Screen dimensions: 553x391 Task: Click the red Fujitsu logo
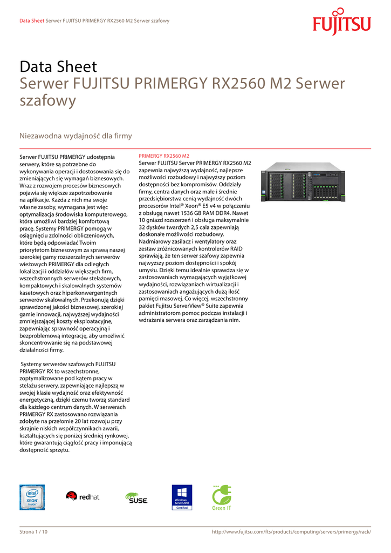click(x=342, y=22)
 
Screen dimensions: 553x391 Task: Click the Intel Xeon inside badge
click(x=32, y=497)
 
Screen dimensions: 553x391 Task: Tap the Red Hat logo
click(x=83, y=496)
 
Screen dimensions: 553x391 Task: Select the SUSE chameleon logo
click(x=135, y=497)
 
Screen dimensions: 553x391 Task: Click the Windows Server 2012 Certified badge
click(x=182, y=497)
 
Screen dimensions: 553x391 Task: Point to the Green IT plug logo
click(x=222, y=497)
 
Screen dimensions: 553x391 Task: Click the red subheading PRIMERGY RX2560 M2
click(x=164, y=156)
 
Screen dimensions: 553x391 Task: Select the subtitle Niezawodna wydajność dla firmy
click(x=76, y=136)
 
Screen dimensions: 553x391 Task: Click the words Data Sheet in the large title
click(x=58, y=67)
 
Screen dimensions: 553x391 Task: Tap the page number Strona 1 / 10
click(x=33, y=532)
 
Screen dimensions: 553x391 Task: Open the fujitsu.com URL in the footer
click(x=292, y=532)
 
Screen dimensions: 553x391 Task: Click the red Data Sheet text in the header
click(x=31, y=21)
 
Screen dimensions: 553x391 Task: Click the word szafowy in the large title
click(x=48, y=100)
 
